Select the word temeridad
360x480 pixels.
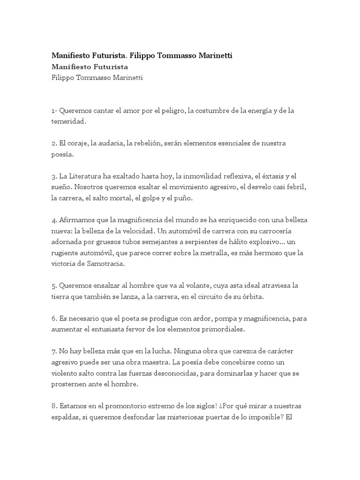[69, 121]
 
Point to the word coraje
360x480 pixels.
[79, 142]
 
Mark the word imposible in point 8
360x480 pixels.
[263, 417]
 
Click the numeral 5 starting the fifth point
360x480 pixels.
[54, 286]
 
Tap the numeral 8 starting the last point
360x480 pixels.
[54, 406]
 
